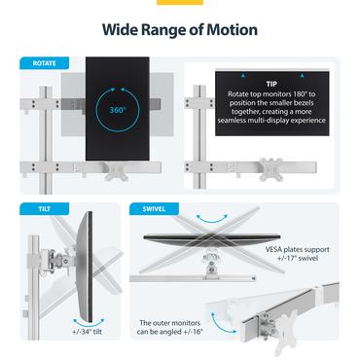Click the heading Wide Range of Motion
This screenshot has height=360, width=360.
[180, 29]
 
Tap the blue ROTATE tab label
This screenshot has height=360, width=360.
[45, 63]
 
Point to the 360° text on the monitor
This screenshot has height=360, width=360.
[118, 111]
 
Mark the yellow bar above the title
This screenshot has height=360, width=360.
[180, 3]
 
